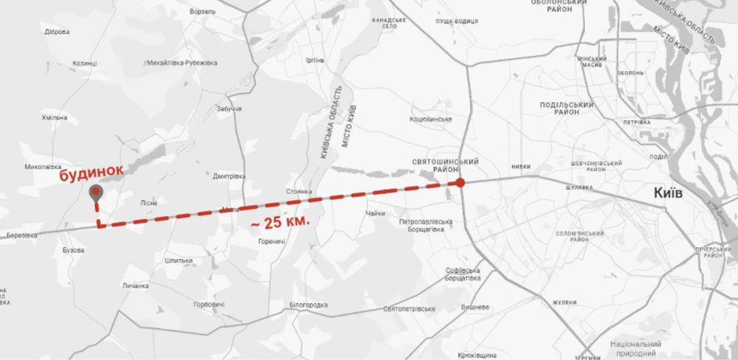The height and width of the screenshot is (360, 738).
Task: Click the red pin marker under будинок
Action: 96,194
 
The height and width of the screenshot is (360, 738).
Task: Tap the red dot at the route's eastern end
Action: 461,183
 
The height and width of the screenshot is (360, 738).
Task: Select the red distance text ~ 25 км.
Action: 280,221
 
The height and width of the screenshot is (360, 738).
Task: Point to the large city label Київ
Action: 678,193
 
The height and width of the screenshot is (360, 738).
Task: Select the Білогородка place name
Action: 308,304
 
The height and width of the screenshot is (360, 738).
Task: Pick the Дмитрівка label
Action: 228,176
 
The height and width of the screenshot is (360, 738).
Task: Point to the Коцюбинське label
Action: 430,119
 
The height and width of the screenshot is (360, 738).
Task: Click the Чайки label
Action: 375,214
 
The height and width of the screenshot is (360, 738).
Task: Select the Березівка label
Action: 18,235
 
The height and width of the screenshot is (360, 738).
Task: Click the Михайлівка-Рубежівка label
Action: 182,63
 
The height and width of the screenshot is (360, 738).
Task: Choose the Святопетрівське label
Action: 410,308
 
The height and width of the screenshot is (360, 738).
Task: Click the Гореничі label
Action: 272,241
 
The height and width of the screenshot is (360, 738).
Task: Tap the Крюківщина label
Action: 477,354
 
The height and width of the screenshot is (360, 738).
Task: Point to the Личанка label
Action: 136,285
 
